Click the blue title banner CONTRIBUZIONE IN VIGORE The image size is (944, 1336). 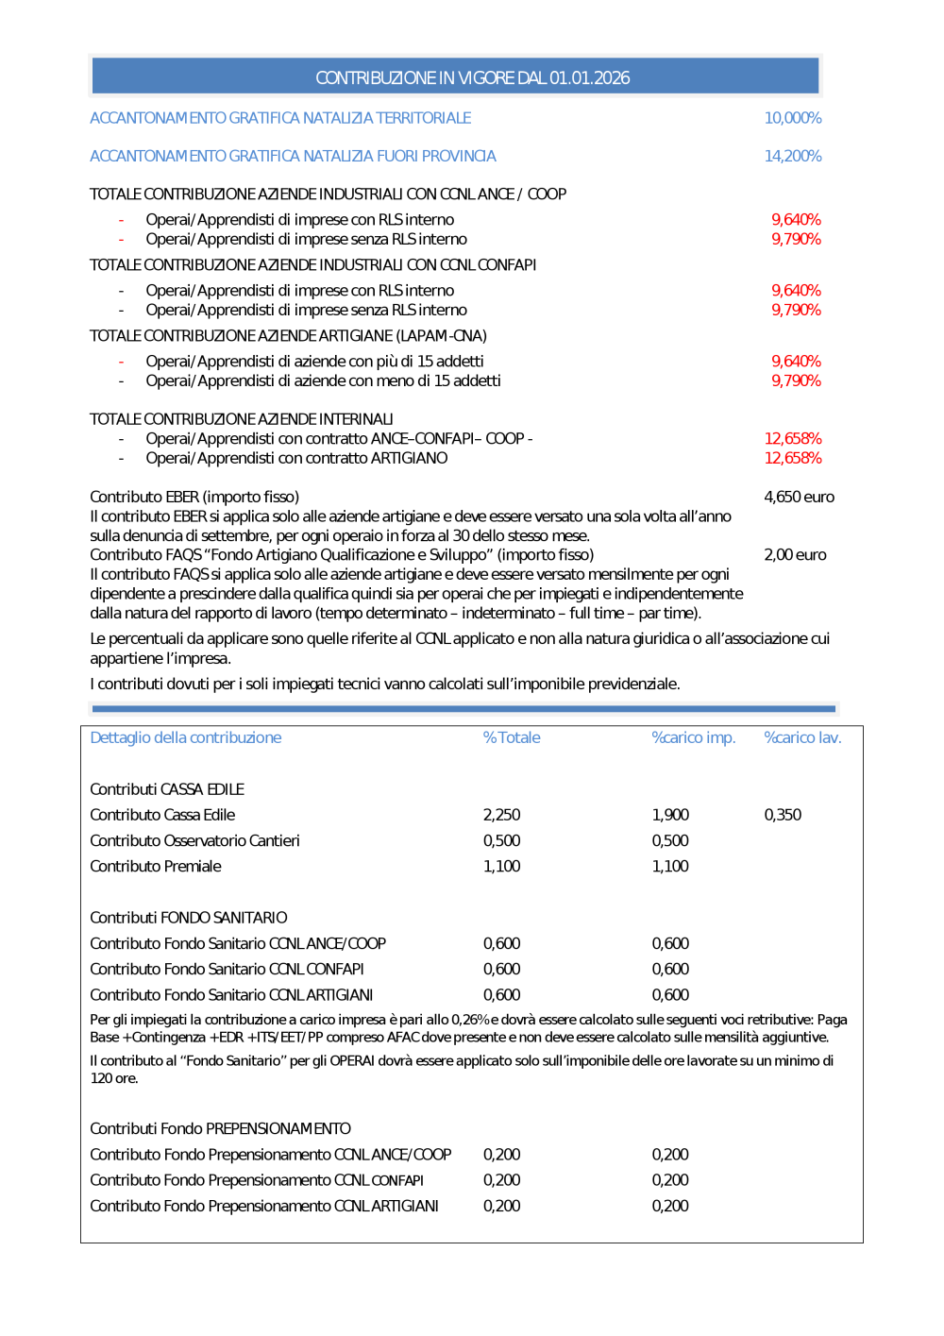click(x=472, y=77)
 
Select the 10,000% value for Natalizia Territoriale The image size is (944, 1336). click(x=792, y=118)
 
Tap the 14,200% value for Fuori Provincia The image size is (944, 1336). click(x=792, y=156)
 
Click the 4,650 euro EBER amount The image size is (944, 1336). click(x=799, y=497)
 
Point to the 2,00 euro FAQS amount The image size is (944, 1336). click(x=795, y=554)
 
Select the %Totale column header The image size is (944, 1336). click(x=512, y=737)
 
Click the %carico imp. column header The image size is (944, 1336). click(x=693, y=737)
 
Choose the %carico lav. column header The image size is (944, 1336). click(x=802, y=737)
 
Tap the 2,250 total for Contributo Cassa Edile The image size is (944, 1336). click(x=501, y=815)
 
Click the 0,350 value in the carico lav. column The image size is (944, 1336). click(x=783, y=815)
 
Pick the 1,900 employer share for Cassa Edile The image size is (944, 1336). click(x=670, y=815)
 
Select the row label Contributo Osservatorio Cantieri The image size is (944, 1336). click(x=194, y=840)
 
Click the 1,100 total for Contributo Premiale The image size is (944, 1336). click(x=501, y=866)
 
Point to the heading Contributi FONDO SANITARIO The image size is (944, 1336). click(x=188, y=918)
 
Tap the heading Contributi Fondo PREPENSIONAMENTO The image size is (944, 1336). click(x=220, y=1128)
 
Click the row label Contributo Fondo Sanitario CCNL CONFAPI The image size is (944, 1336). click(x=227, y=969)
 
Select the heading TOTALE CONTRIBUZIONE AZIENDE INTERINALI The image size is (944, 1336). click(x=241, y=419)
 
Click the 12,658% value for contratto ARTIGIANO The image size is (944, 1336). click(x=792, y=458)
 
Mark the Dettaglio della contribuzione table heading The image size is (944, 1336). click(x=185, y=737)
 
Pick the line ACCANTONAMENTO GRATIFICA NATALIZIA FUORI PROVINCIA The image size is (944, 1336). click(x=293, y=156)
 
